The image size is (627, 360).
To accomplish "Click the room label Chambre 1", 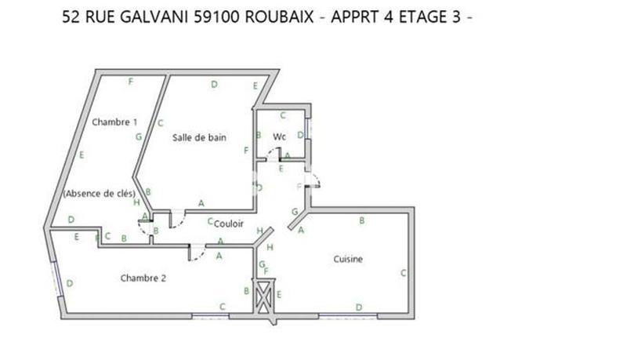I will (x=114, y=122).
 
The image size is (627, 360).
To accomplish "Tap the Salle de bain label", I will (x=200, y=137).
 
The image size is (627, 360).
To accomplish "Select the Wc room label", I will (x=280, y=137).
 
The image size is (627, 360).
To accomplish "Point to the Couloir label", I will (x=229, y=224).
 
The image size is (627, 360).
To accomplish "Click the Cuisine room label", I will (x=348, y=259).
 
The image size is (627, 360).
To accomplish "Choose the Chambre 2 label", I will (x=143, y=278).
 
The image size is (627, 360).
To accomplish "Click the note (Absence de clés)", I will (x=99, y=194).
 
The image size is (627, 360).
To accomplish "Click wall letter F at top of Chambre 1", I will (x=131, y=82).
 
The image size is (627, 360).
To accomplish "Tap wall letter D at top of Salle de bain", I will (x=214, y=85).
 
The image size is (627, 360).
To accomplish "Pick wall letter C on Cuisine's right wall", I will (x=403, y=273).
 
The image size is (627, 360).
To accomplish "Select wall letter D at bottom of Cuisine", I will (x=359, y=307).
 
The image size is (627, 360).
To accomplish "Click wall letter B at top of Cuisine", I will (x=361, y=221).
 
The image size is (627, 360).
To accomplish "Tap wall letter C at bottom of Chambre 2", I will (x=223, y=306).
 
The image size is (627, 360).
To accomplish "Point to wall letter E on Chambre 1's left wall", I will (x=82, y=155).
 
